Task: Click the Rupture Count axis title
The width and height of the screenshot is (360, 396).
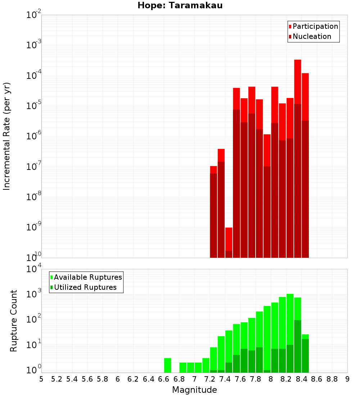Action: (x=14, y=321)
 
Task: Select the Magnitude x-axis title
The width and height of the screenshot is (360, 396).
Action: (x=194, y=390)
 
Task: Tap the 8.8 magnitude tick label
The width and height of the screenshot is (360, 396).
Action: (x=332, y=379)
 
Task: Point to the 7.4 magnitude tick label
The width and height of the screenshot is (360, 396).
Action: (x=225, y=379)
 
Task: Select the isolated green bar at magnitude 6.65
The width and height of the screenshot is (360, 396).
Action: (x=167, y=365)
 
